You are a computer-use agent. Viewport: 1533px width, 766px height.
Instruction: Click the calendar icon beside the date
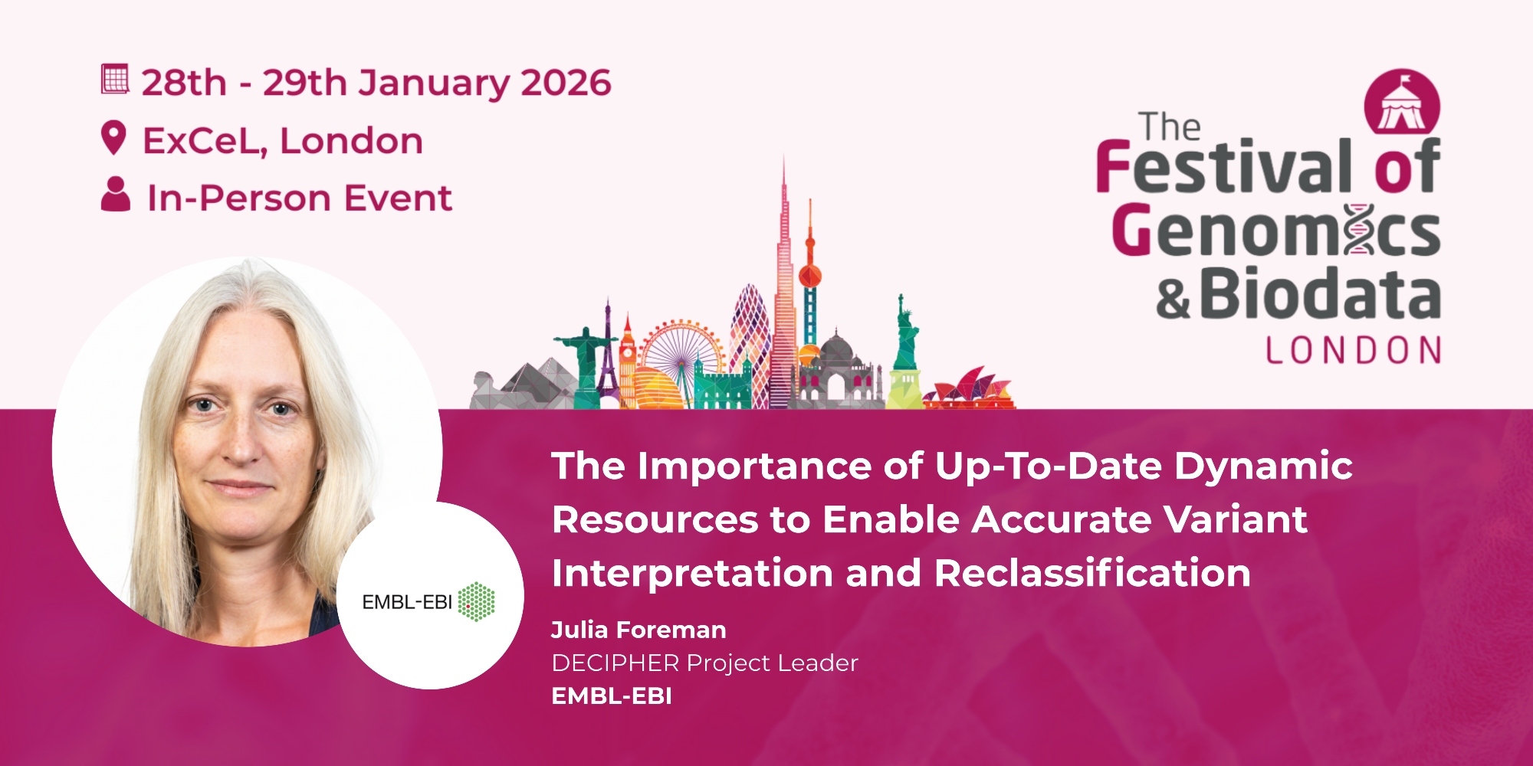pos(115,79)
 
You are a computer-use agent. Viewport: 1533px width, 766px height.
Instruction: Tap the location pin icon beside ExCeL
pos(113,138)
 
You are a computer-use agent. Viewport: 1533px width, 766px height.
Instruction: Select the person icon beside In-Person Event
pos(116,194)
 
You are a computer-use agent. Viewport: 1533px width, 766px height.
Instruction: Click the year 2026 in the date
pos(566,83)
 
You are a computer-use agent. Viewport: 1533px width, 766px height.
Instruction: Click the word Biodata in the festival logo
pos(1320,293)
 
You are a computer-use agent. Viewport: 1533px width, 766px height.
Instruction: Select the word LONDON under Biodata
pos(1353,350)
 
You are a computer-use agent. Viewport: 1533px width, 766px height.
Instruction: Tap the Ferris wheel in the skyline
pos(681,355)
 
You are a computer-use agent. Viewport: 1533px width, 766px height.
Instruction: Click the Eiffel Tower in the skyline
pos(608,352)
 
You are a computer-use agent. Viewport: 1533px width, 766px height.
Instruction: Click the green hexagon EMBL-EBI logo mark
pos(476,602)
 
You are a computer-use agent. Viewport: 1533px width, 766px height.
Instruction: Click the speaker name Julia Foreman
pos(638,630)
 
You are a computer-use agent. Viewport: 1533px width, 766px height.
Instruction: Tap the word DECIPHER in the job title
pos(615,663)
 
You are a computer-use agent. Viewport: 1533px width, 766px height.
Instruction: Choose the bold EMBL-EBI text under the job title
pos(612,696)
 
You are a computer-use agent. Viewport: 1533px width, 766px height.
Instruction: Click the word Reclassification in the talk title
pos(1092,573)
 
